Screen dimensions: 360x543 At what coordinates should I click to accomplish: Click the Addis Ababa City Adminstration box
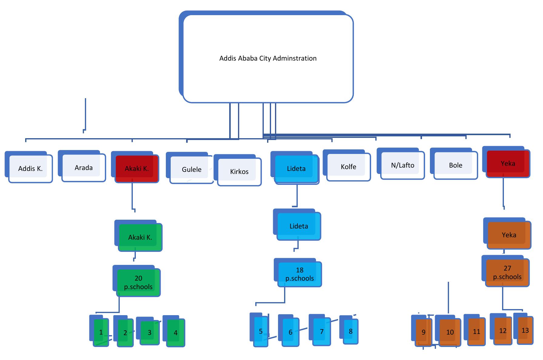(268, 58)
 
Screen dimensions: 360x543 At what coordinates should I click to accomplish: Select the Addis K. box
(30, 169)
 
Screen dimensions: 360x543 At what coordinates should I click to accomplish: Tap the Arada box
(84, 168)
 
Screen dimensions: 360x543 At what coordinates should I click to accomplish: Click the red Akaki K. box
(137, 169)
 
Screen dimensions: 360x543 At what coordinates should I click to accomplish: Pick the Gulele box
(192, 170)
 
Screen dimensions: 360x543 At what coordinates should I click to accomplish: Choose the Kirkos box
(239, 172)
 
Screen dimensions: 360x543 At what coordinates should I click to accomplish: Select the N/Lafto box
(403, 165)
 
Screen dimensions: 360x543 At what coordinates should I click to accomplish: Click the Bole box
(456, 165)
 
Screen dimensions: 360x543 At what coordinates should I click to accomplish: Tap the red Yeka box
(508, 164)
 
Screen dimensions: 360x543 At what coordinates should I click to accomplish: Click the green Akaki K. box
(140, 238)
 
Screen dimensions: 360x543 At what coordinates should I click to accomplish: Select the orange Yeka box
(509, 235)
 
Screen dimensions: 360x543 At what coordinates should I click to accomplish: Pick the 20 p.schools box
(138, 283)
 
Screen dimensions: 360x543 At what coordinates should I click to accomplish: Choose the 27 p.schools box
(507, 273)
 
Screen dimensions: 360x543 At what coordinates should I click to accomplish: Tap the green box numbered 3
(149, 333)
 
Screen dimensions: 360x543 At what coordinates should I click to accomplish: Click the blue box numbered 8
(350, 332)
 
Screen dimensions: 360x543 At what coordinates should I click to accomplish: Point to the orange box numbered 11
(476, 332)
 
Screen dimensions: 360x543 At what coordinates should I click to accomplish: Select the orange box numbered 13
(525, 330)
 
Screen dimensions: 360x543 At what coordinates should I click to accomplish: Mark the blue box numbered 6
(290, 332)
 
